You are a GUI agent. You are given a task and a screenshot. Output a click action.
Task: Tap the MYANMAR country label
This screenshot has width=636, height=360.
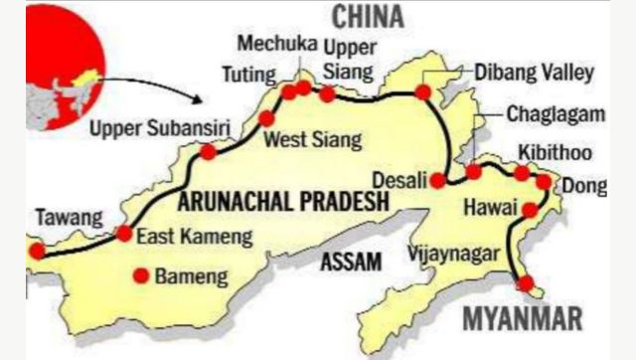point(522,319)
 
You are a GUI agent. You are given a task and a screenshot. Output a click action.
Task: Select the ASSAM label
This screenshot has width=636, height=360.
point(351,262)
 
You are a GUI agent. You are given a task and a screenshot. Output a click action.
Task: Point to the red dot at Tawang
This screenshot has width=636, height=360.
point(37,252)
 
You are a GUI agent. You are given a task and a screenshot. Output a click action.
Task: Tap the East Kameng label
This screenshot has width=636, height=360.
point(194,237)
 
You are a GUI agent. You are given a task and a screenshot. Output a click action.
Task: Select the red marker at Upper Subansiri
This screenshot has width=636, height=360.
point(207,152)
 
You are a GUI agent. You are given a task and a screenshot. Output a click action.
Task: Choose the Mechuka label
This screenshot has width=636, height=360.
point(270,46)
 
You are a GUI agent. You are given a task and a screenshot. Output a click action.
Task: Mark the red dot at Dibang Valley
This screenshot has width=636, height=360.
point(422,92)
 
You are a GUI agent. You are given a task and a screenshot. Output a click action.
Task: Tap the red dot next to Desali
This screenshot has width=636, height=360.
point(437,180)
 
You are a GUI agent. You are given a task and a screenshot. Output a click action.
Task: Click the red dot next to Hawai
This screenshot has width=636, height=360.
point(530,210)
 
